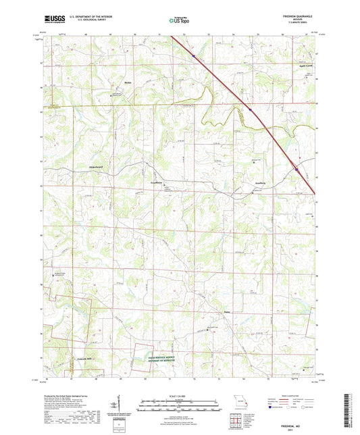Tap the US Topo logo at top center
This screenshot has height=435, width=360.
pyautogui.click(x=179, y=20)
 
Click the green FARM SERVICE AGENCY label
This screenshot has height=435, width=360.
pyautogui.click(x=165, y=359)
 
